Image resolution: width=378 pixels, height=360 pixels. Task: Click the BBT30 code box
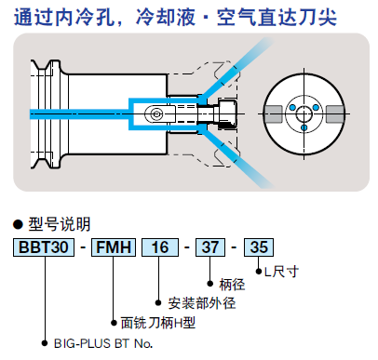point(44,247)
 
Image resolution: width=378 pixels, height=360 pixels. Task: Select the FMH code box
point(114,247)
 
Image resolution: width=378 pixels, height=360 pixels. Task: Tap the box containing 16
point(160,247)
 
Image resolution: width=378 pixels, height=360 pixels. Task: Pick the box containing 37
point(210,247)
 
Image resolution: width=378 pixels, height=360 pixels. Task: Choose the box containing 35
point(259,247)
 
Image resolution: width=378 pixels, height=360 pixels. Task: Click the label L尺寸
point(281,272)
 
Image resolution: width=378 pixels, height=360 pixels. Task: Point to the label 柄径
point(232,285)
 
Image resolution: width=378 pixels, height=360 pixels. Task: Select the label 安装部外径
point(202,303)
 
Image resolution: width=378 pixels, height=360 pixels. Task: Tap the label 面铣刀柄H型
point(158,323)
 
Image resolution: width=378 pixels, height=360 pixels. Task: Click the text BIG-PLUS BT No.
point(103,343)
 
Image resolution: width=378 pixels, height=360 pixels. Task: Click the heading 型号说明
point(60,224)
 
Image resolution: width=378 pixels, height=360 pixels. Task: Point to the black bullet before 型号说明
point(18,224)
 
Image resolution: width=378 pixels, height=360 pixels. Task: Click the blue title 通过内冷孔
point(64,17)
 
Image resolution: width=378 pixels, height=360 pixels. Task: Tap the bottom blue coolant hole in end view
point(304,127)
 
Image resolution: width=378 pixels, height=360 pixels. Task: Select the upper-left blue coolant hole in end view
point(292,108)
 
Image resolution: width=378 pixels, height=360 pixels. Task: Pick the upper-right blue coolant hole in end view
point(316,108)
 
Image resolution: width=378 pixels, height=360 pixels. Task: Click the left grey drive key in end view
point(273,114)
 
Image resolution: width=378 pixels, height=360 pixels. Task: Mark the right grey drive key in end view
point(335,114)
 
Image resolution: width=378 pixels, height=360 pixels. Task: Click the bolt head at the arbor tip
point(227,113)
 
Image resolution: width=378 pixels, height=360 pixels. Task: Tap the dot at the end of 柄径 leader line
point(210,284)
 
